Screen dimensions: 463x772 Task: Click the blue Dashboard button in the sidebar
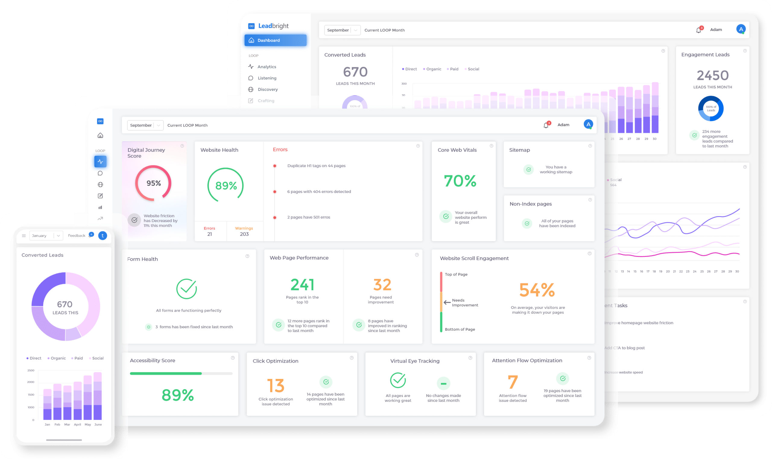[275, 40]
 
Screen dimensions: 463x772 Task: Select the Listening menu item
[267, 78]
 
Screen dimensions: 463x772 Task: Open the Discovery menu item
[267, 89]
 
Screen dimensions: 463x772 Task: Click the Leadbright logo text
[273, 26]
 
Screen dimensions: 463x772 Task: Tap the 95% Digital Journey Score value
[153, 183]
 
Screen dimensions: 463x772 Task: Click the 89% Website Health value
[226, 186]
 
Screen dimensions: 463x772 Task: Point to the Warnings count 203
[244, 234]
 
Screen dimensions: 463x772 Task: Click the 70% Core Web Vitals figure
[460, 181]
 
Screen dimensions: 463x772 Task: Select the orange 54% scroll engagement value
[537, 290]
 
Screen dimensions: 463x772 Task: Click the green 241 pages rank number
[302, 285]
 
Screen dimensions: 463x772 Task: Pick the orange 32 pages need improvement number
[382, 285]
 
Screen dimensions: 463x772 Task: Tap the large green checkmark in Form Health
[187, 288]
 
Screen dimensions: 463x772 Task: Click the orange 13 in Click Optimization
[276, 386]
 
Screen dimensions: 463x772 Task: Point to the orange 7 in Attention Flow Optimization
[513, 382]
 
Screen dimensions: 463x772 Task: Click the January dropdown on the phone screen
[46, 235]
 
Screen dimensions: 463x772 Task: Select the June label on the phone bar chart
[98, 424]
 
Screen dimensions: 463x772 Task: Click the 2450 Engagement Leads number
[713, 75]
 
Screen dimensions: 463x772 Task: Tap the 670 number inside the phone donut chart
[65, 304]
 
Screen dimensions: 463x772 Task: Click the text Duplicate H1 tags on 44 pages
[316, 166]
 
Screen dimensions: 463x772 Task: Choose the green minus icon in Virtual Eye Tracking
[443, 383]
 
